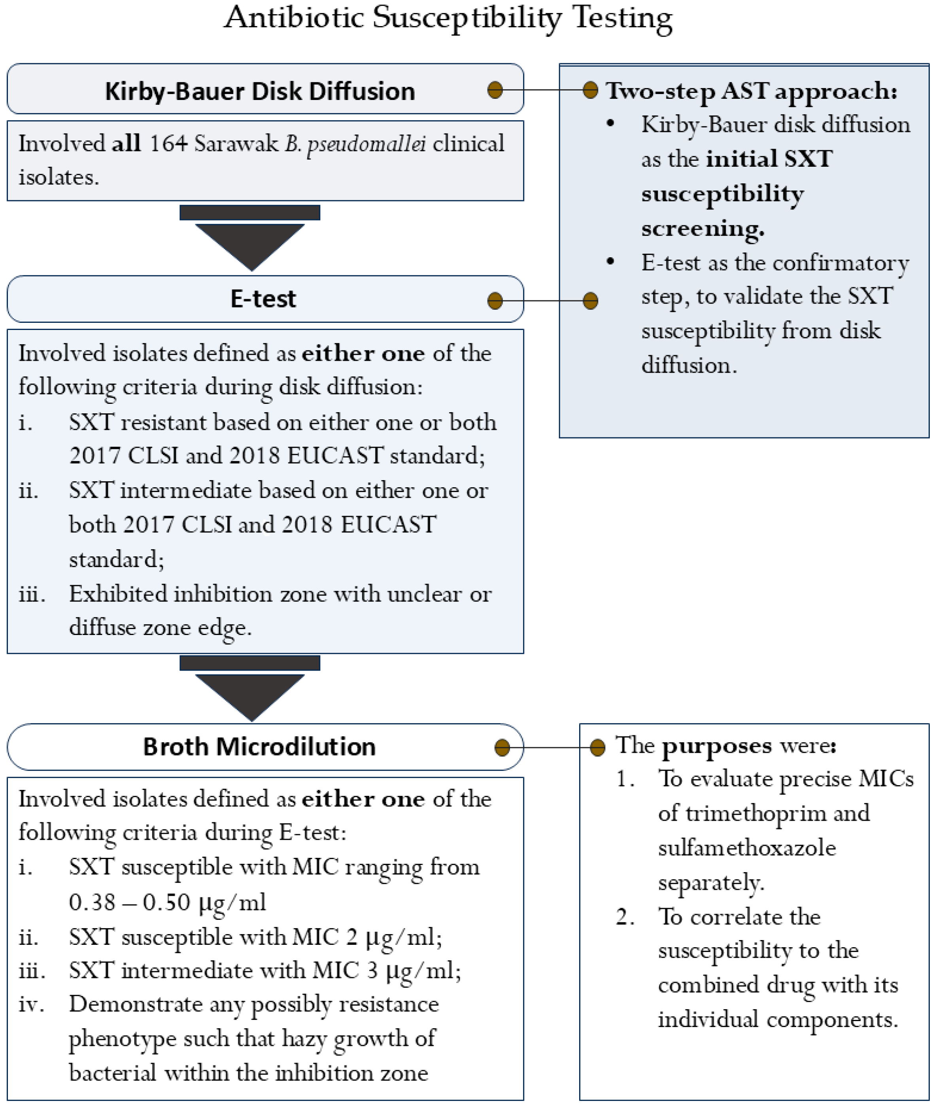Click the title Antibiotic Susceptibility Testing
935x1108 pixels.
448,18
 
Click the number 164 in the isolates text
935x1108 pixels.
168,144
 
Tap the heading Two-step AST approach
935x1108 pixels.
752,91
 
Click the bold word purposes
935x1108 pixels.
717,746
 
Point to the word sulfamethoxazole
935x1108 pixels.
747,848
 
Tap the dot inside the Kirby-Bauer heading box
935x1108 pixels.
495,90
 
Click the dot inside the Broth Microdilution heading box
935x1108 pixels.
502,747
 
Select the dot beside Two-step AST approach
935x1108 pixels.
590,90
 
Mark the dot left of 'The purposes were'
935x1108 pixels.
597,747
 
